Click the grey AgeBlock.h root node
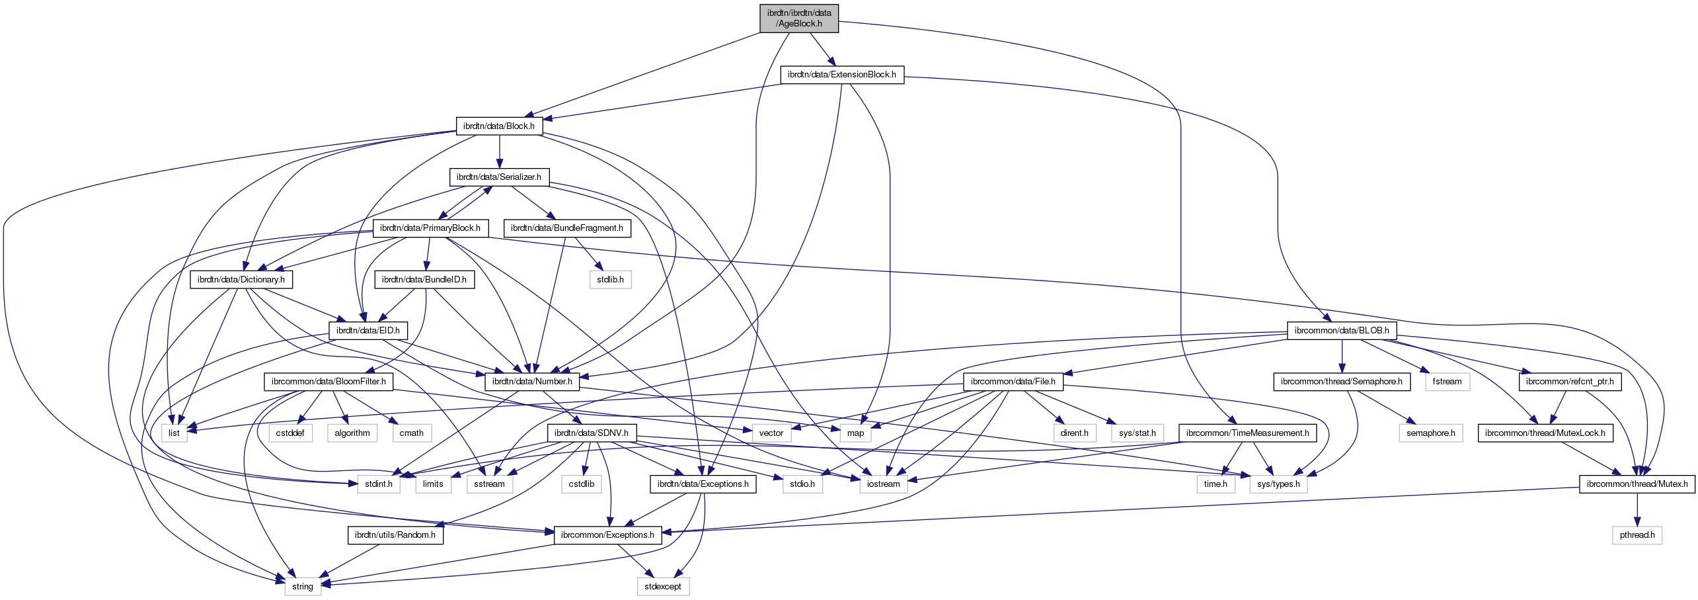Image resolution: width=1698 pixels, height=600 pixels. coord(799,18)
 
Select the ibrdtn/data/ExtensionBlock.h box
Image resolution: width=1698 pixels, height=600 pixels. coord(841,75)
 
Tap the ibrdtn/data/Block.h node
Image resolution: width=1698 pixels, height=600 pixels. coord(498,126)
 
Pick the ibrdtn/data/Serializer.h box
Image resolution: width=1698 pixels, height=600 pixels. coord(498,177)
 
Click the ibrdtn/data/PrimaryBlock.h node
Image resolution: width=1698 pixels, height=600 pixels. coord(430,228)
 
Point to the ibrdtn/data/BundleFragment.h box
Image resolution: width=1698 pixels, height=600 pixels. coord(566,228)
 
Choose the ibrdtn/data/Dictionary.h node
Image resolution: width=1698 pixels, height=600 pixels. coord(241,280)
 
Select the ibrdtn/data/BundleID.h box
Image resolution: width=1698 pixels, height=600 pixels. coord(424,280)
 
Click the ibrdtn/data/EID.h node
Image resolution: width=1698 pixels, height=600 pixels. coord(367,331)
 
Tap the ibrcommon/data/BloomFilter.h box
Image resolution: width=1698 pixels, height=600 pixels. coord(328,382)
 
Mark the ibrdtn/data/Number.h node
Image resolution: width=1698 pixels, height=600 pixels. coord(532,382)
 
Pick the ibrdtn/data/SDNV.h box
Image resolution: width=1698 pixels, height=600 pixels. coord(592,433)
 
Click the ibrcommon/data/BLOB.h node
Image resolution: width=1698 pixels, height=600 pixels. coord(1341,331)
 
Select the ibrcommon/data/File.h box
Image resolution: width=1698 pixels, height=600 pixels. coord(1013,382)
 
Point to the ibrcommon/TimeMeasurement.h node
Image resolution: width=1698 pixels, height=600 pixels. coord(1247,433)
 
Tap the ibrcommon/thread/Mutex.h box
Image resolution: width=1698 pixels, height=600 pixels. coord(1637,484)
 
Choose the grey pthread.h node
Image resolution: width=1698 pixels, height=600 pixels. coord(1637,535)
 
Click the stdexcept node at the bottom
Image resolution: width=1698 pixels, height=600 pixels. coord(662,587)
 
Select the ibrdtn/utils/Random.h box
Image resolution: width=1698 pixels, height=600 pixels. coord(395,535)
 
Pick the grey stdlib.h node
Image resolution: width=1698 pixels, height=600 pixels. coord(610,280)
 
